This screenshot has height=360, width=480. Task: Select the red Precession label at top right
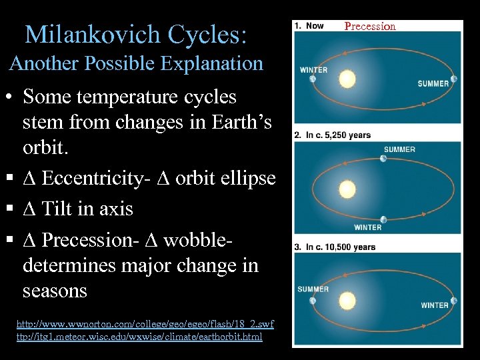(x=370, y=27)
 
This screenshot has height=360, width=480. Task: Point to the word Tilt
(x=57, y=209)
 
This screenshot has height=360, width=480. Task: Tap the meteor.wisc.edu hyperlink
(x=139, y=337)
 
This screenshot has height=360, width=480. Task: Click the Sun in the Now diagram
(x=347, y=80)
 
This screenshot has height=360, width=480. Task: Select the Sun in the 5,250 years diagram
(x=347, y=190)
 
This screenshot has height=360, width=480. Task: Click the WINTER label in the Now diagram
(x=313, y=70)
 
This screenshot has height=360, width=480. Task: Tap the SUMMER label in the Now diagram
(x=433, y=84)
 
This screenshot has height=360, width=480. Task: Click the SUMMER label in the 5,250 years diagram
(x=399, y=149)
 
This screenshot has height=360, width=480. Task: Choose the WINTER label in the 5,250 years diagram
(x=367, y=227)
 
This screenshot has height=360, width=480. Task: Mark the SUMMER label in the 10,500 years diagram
(x=313, y=289)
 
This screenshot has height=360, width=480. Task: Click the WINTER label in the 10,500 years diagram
(x=435, y=305)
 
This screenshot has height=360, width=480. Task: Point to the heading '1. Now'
(x=309, y=26)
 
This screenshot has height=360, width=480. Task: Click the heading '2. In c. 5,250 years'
(x=333, y=135)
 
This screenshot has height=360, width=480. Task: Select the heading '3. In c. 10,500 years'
(x=335, y=247)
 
